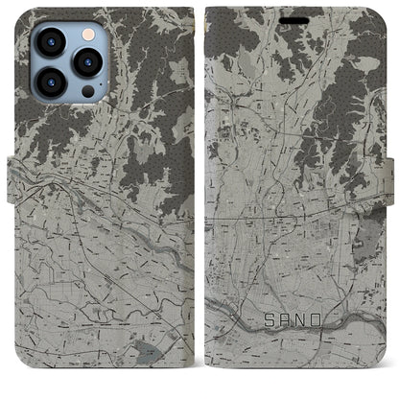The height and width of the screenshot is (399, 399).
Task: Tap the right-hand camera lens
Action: (x=88, y=63)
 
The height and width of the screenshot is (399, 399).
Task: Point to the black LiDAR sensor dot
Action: (x=87, y=93)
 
